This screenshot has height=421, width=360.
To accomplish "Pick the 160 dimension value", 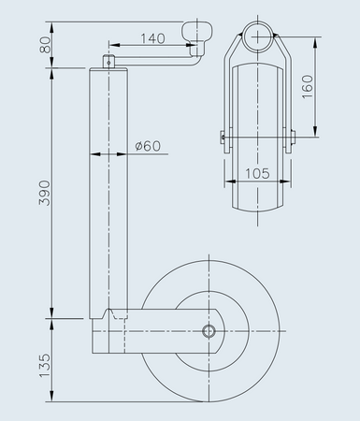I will pyautogui.click(x=334, y=86).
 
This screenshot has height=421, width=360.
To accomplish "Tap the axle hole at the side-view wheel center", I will pyautogui.click(x=209, y=330).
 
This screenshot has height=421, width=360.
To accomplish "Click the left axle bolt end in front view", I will pyautogui.click(x=223, y=135).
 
